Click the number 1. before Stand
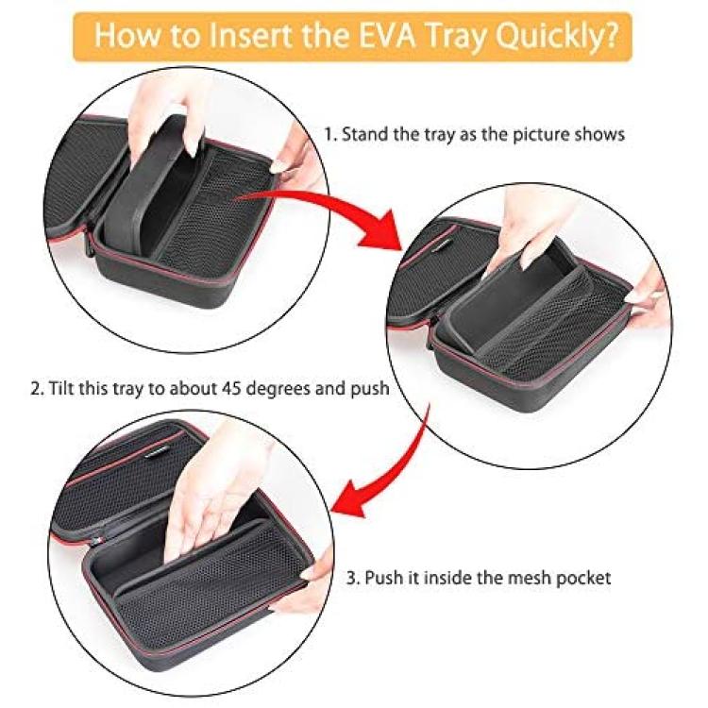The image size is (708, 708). [x=330, y=135]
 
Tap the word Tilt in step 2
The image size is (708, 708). [x=61, y=388]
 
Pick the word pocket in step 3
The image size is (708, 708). [x=583, y=579]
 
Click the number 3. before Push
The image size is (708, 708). [x=353, y=578]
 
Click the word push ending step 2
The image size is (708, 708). [x=370, y=389]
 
